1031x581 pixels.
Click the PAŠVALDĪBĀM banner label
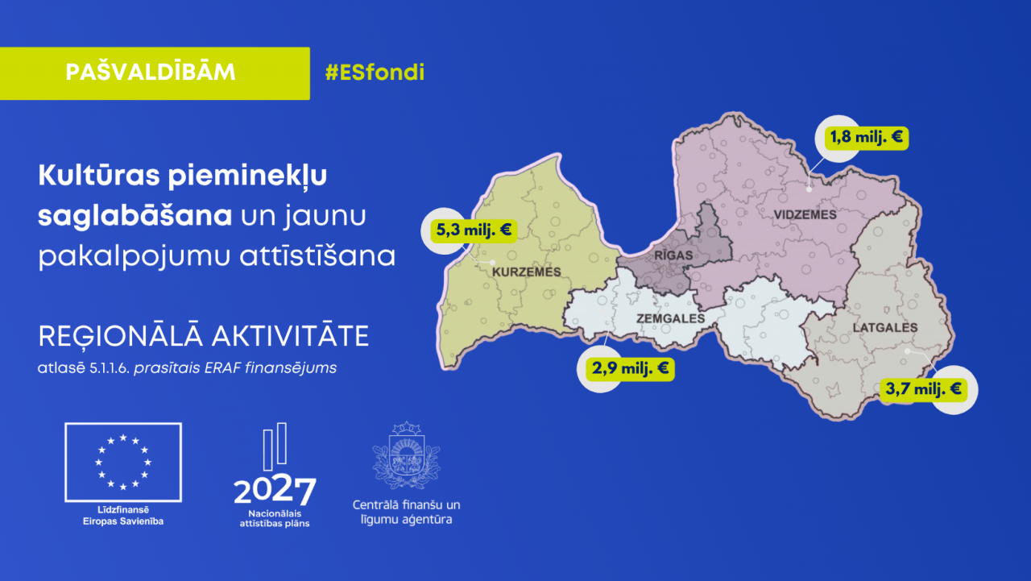click(x=151, y=73)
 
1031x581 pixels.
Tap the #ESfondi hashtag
click(x=375, y=73)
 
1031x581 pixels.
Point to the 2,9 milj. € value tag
click(x=624, y=369)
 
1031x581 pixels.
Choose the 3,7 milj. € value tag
click(x=923, y=389)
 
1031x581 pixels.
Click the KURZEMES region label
click(x=526, y=272)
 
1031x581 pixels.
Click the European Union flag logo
click(x=123, y=462)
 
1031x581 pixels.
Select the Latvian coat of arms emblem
click(x=406, y=455)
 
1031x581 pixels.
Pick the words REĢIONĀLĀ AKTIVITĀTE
click(x=203, y=336)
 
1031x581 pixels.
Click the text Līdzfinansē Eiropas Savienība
click(x=122, y=516)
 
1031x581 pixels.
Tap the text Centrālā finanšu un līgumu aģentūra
click(x=406, y=512)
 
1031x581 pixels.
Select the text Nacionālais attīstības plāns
click(x=274, y=517)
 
